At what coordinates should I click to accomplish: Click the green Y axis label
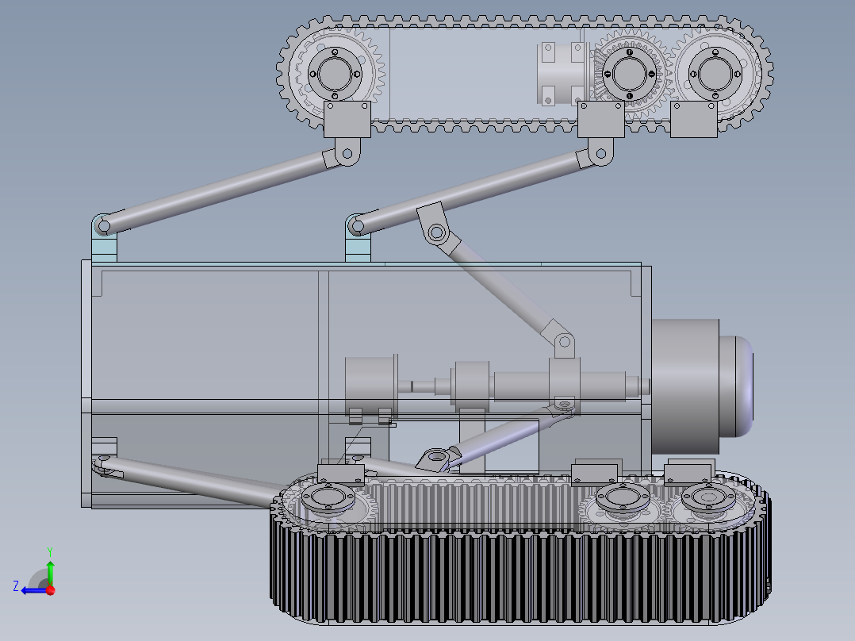click(50, 551)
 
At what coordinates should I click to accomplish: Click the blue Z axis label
click(16, 586)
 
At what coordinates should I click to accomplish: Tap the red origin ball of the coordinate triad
click(51, 590)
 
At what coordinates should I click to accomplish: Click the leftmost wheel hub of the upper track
click(335, 74)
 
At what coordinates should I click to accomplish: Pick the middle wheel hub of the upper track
click(629, 74)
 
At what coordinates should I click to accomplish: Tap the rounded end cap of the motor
click(737, 386)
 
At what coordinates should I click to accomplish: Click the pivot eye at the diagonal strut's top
click(436, 233)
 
